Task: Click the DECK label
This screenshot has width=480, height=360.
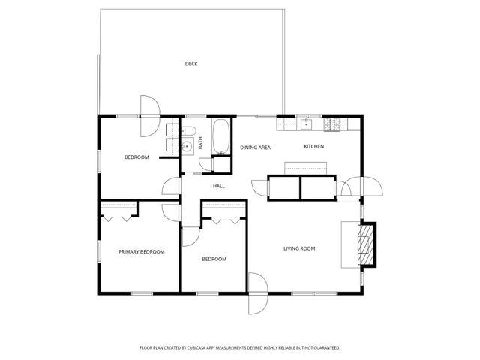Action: click(x=191, y=64)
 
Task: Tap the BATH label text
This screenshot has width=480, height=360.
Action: click(x=201, y=142)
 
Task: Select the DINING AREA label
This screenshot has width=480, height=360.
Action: click(x=255, y=148)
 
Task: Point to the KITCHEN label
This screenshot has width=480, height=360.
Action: click(x=313, y=146)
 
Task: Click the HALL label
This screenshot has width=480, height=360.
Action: click(x=219, y=186)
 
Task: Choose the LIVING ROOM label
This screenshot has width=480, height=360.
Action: click(x=298, y=248)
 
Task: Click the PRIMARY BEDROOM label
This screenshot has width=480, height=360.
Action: click(x=141, y=252)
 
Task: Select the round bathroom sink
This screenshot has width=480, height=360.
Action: click(x=187, y=147)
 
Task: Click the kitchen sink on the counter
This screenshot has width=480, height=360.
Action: click(x=305, y=122)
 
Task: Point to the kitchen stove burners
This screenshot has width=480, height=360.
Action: click(x=334, y=122)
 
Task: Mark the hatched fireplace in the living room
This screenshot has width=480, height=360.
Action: click(x=364, y=244)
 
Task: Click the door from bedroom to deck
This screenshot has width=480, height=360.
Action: click(x=148, y=107)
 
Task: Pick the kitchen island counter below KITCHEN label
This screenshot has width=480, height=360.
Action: click(x=304, y=167)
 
